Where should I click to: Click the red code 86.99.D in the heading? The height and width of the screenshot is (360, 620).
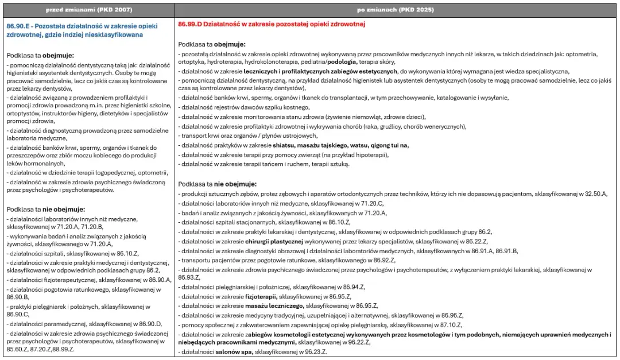[x=192, y=24]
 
